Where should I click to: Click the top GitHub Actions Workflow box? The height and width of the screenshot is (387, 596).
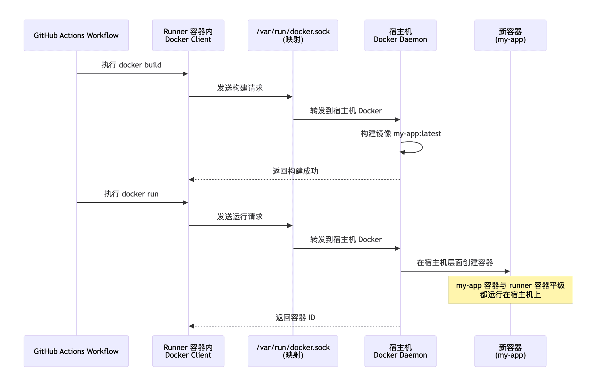coord(76,35)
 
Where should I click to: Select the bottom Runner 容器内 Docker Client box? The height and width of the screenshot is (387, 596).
coord(188,351)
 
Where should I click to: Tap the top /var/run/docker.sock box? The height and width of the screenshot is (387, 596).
coord(293,35)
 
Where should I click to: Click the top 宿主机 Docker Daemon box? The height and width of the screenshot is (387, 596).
coord(400,35)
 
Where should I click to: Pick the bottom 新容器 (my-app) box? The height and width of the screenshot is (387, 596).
coord(510,351)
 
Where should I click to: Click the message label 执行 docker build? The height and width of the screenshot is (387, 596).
coord(131,65)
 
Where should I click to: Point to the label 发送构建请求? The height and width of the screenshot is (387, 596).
coord(240,88)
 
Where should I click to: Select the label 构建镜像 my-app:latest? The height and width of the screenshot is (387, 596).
coord(401,133)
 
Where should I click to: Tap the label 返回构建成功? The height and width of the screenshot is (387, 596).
coord(295,171)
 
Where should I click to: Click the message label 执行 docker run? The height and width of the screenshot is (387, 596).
coord(131,194)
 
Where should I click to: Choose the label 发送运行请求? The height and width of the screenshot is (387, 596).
coord(240,217)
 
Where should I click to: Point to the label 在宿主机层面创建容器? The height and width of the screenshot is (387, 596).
coord(455,262)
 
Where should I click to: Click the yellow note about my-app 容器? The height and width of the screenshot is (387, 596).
coord(510,289)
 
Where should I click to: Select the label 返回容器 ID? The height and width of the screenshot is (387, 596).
coord(295,317)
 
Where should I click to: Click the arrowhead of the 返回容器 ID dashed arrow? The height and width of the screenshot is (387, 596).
coord(191,326)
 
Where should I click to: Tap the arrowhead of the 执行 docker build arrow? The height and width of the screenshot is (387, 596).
coord(185,74)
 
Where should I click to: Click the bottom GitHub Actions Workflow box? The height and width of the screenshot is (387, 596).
coord(76,351)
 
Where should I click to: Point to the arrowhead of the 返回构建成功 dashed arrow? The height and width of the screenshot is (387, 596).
coord(191,179)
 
